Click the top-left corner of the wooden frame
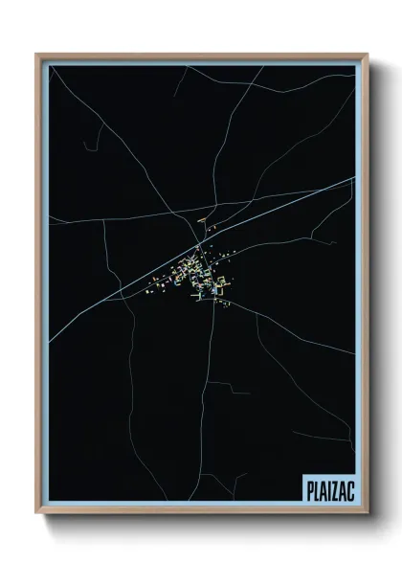point(37,55)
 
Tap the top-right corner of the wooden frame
point(368,55)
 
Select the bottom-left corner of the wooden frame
point(37,516)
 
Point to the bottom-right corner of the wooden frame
point(368,516)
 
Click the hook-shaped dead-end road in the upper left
point(91,144)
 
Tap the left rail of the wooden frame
point(39,287)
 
